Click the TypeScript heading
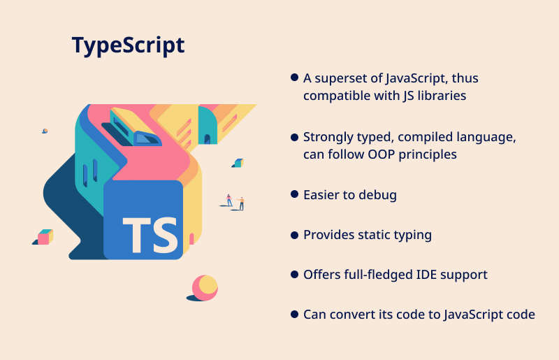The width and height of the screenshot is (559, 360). point(129,45)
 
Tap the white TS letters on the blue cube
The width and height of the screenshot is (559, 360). point(150,235)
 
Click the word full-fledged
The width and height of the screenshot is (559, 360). point(376,275)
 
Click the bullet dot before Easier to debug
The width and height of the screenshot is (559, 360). point(294,194)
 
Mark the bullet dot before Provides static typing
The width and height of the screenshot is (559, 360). point(294,235)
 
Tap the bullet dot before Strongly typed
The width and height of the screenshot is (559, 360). point(294,138)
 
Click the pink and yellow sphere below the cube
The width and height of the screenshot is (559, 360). point(205,287)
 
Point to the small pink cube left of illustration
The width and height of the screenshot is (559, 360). point(45,237)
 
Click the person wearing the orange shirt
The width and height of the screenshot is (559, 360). point(241,203)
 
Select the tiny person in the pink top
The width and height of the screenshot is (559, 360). point(229,200)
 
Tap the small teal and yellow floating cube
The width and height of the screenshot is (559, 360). point(238,163)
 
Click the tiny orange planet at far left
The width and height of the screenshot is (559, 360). point(45,131)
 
